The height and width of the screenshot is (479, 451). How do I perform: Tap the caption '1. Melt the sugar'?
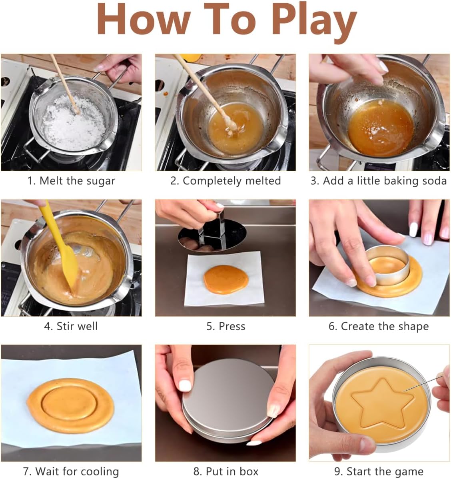click(x=71, y=181)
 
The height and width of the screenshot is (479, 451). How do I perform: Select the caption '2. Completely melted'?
click(x=225, y=181)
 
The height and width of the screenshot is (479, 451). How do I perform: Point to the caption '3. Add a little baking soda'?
click(x=379, y=181)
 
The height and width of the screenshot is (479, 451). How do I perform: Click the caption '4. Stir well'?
click(x=71, y=326)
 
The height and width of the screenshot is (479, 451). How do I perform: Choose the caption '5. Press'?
click(x=226, y=326)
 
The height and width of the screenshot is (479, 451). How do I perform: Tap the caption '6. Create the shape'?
click(x=379, y=326)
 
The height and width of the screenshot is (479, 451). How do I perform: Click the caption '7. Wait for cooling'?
click(x=71, y=471)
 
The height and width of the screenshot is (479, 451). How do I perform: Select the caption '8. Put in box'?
click(x=226, y=471)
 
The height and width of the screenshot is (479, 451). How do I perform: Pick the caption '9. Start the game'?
click(x=379, y=471)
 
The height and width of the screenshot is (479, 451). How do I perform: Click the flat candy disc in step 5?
click(x=226, y=279)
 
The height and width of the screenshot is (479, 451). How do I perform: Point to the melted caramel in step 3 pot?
click(x=381, y=128)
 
